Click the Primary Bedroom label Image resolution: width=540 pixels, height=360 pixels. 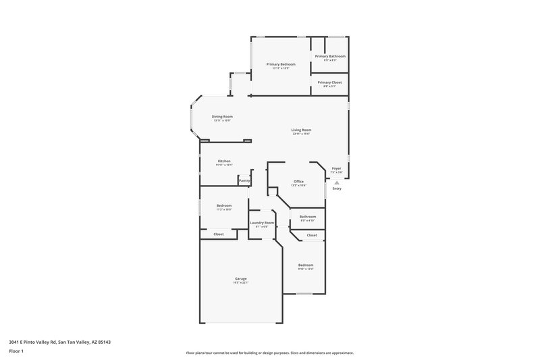280,64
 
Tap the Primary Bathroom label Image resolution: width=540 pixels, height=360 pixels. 330,56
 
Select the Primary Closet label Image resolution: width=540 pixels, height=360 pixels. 330,82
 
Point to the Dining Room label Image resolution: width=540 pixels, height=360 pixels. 222,117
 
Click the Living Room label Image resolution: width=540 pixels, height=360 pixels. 301,130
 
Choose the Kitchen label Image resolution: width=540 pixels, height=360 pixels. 224,161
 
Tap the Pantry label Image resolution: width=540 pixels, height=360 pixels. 244,180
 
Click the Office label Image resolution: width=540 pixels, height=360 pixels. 298,181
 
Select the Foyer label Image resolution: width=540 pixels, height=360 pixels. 337,169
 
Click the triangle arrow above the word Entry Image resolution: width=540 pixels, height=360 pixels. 337,182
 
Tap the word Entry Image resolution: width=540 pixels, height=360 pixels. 337,188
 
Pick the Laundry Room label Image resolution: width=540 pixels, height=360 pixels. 262,222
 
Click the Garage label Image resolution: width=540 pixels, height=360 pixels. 241,278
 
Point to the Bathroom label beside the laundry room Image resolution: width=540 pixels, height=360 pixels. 308,216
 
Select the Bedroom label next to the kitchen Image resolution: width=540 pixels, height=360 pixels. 224,205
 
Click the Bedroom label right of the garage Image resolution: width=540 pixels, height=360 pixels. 306,265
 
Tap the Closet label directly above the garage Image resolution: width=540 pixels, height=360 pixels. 219,234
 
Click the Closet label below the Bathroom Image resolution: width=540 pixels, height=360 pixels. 312,235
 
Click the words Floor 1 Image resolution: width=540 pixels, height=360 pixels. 17,352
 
